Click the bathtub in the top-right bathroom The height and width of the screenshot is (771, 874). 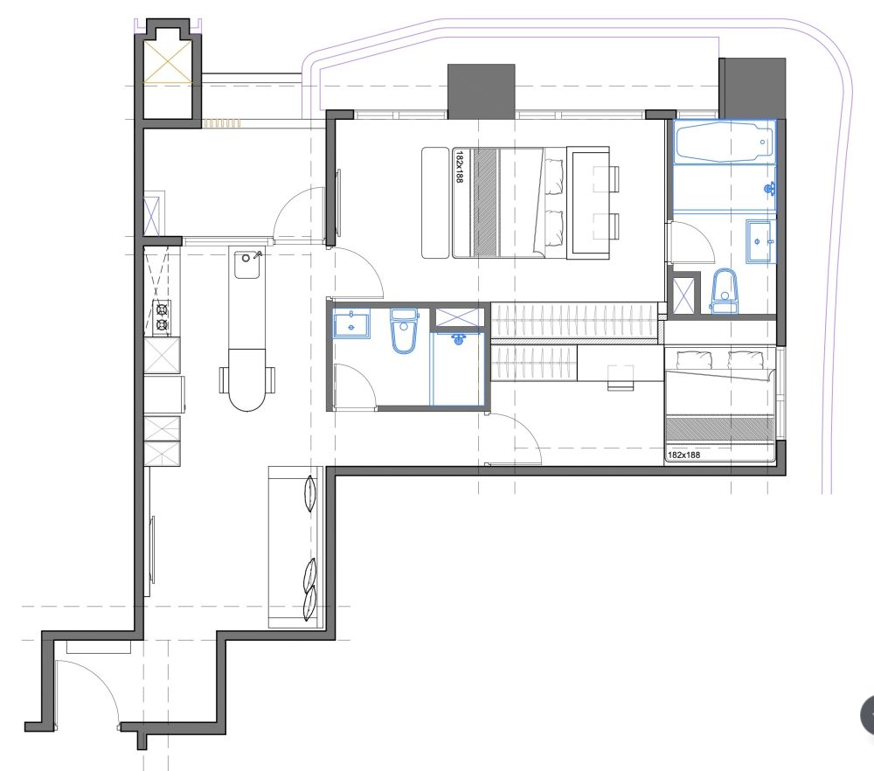point(723,142)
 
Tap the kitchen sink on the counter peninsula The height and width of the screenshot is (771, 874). point(246,265)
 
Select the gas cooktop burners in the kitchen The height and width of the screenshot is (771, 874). point(163,317)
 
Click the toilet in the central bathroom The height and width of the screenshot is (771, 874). point(404,330)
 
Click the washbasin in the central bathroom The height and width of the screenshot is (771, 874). point(351,325)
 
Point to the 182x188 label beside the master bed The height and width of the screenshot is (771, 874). point(460,166)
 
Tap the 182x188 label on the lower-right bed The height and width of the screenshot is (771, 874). point(684,455)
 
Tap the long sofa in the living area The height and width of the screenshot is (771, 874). point(295,547)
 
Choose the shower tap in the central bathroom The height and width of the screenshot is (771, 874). point(459,338)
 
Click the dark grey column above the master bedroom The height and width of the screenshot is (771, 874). point(481,92)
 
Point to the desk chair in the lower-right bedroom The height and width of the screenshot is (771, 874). point(621,377)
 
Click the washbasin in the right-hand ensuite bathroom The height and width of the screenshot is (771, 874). point(759,241)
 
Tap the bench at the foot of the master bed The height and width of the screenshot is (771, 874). point(435,203)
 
